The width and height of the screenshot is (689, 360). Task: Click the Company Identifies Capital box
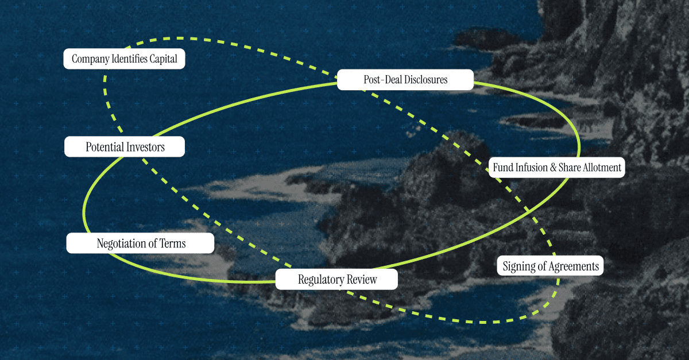point(124,59)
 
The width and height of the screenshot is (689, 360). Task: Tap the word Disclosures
point(425,80)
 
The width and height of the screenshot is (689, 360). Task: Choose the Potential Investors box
point(125,147)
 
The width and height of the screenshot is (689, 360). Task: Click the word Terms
point(173,243)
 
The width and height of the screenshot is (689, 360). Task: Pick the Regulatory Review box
point(337,280)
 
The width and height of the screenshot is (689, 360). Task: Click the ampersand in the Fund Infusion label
point(552,168)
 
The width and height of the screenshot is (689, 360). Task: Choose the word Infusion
point(532,168)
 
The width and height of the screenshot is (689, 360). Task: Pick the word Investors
point(146,147)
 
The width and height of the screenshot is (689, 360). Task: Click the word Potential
point(105,147)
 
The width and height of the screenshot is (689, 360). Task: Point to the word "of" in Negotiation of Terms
point(154,243)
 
